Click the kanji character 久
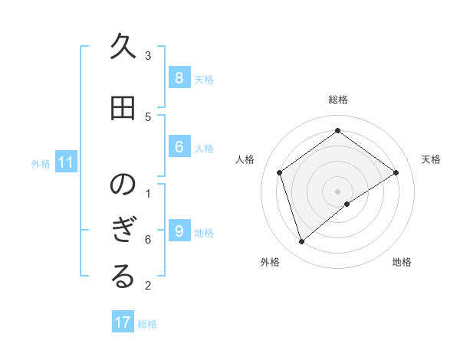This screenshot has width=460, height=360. (123, 49)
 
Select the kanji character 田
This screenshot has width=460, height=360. (123, 109)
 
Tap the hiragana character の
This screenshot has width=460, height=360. (123, 185)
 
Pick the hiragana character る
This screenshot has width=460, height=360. (123, 278)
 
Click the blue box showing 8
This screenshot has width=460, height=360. (179, 77)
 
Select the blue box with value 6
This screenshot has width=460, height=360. (179, 146)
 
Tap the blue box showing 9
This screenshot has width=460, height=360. (179, 231)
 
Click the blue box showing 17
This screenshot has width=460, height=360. (123, 322)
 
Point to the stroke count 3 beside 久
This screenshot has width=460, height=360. (148, 56)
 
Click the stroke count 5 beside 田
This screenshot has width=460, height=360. (148, 116)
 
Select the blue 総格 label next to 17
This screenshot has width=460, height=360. (147, 324)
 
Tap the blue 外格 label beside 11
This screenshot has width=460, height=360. (41, 163)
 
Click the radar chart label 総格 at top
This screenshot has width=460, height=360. (338, 100)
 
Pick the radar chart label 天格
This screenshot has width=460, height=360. (431, 159)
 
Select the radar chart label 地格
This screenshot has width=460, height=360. (402, 262)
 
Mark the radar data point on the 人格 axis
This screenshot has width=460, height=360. (280, 172)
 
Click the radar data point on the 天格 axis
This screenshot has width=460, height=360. (396, 172)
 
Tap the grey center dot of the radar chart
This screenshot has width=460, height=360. (338, 191)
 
